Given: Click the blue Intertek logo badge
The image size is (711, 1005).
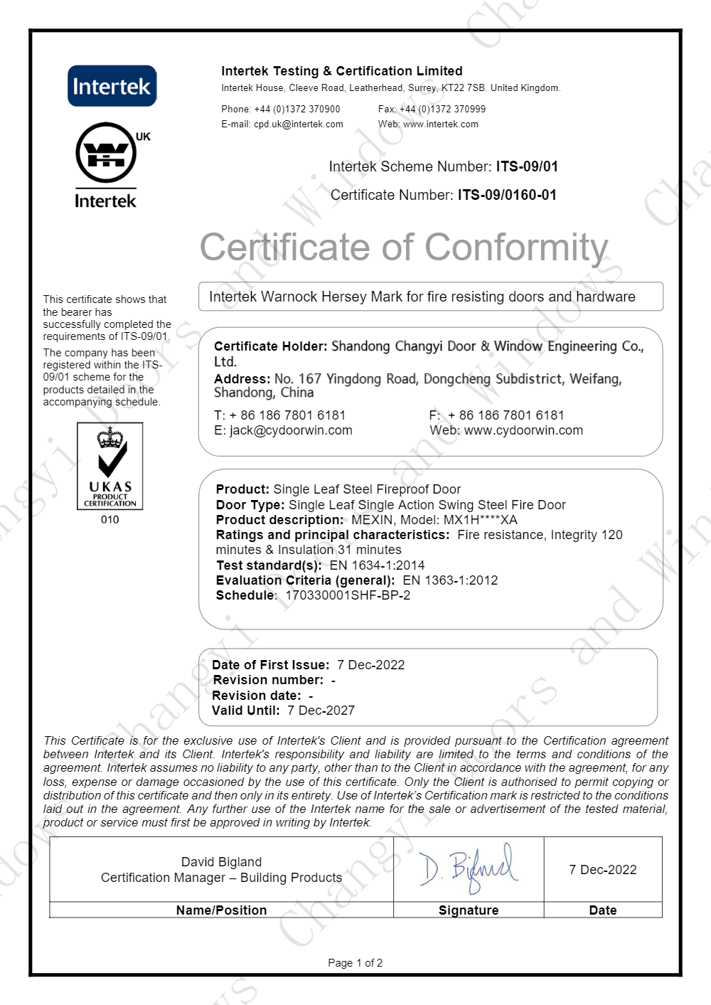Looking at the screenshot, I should pyautogui.click(x=112, y=86).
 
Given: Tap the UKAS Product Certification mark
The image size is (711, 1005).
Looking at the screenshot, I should pyautogui.click(x=110, y=466).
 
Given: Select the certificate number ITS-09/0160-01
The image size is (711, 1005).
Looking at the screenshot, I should pyautogui.click(x=507, y=195).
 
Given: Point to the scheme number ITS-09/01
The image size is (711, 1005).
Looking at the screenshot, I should pyautogui.click(x=527, y=166).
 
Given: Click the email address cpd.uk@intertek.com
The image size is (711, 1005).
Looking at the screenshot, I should pyautogui.click(x=299, y=124).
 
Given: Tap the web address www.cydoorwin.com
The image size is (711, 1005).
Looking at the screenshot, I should pyautogui.click(x=523, y=430).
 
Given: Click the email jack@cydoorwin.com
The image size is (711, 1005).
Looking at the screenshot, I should pyautogui.click(x=291, y=430).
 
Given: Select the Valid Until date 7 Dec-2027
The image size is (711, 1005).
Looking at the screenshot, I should pyautogui.click(x=321, y=711).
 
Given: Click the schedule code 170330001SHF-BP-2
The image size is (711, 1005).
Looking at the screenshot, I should pyautogui.click(x=348, y=595).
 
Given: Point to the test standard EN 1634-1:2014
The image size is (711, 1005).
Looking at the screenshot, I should pyautogui.click(x=377, y=565).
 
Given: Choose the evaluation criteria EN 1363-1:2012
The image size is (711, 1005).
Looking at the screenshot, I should pyautogui.click(x=450, y=580).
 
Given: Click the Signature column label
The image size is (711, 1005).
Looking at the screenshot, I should pyautogui.click(x=469, y=910).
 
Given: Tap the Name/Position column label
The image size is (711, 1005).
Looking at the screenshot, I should pyautogui.click(x=221, y=910).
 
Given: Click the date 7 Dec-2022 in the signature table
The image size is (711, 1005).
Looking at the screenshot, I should pyautogui.click(x=602, y=870).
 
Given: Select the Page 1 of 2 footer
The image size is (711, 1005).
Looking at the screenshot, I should pyautogui.click(x=355, y=963).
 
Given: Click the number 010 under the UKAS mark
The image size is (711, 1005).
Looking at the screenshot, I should pyautogui.click(x=110, y=520).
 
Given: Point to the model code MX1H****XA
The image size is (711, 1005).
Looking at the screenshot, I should pyautogui.click(x=480, y=520).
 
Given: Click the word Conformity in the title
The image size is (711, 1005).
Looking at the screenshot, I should pyautogui.click(x=517, y=248).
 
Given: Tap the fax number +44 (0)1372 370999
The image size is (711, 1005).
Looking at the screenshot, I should pyautogui.click(x=442, y=110).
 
